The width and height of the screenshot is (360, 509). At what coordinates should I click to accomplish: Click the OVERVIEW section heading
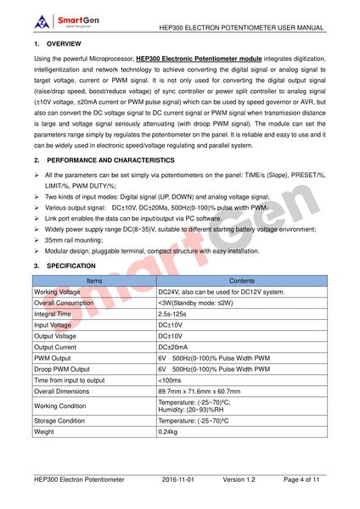[64, 42]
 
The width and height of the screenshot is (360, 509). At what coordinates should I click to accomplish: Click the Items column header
[94, 280]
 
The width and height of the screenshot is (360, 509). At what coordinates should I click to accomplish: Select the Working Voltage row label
[58, 291]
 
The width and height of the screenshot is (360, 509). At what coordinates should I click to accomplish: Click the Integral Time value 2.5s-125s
[174, 313]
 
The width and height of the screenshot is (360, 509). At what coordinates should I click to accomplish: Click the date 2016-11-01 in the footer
[178, 479]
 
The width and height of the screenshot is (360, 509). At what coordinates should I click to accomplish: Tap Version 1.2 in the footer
[241, 479]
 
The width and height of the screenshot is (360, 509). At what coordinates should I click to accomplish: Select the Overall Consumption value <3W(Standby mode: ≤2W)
[201, 302]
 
